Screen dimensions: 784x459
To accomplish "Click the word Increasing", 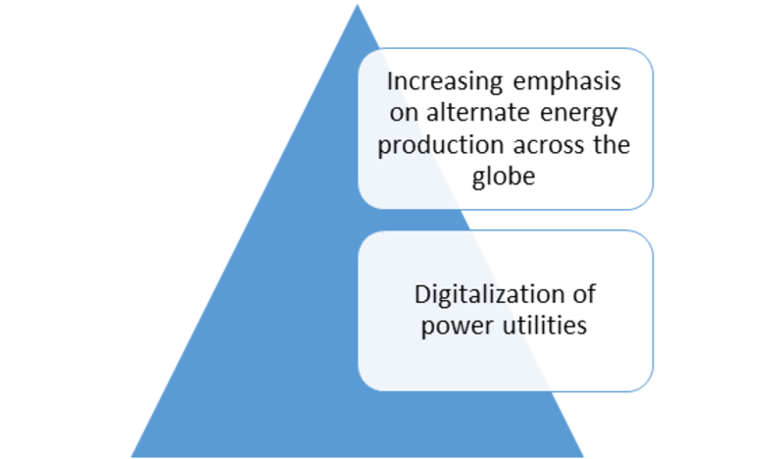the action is tap(445, 82).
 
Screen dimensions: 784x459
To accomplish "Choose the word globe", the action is tap(504, 177).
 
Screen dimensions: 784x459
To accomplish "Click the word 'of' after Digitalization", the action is tap(584, 294).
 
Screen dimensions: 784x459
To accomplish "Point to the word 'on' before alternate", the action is tap(403, 114).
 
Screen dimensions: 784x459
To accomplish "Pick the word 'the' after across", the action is tap(612, 144).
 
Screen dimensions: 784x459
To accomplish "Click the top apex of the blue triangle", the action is tap(357, 4).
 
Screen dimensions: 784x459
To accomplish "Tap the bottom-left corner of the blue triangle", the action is tap(131, 456).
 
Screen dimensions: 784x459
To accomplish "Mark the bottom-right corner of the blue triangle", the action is tap(583, 456).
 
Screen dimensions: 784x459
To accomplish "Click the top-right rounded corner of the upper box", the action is tap(645, 56).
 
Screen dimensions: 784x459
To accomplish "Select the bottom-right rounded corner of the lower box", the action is tap(645, 383).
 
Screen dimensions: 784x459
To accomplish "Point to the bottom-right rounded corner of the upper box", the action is tap(645, 201).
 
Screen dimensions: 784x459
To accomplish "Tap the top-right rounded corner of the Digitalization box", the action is tap(645, 238).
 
